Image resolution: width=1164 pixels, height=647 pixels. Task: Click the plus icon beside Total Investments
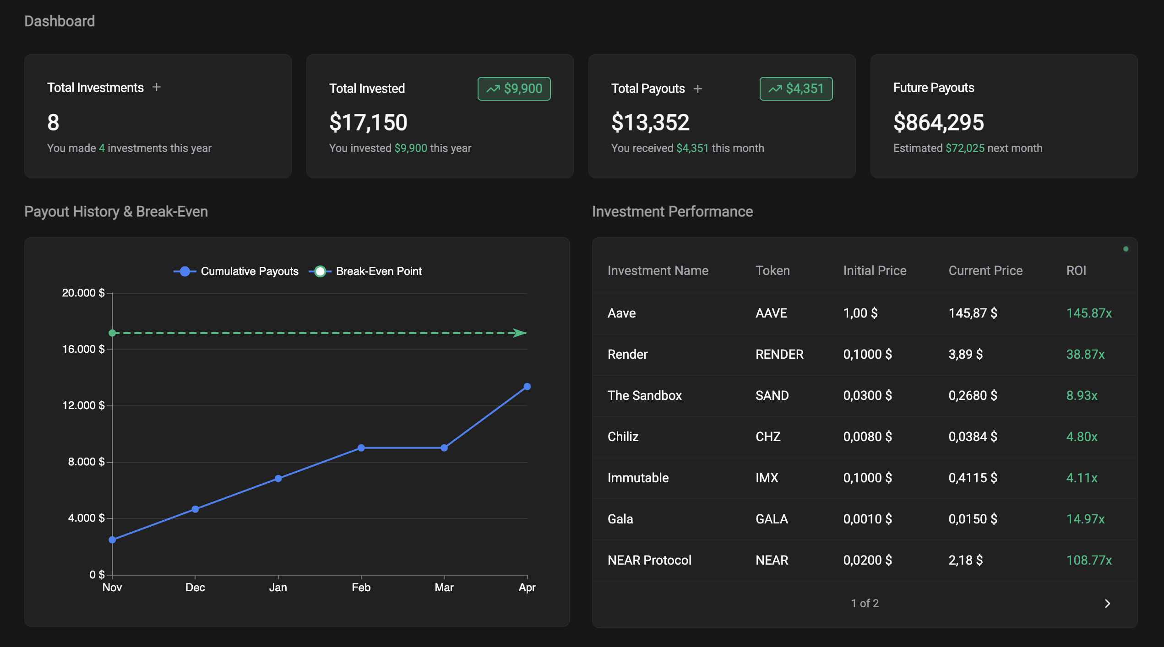(x=157, y=87)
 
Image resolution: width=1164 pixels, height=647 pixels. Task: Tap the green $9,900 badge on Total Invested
(x=514, y=89)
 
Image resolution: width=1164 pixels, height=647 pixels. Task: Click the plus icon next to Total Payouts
(x=697, y=89)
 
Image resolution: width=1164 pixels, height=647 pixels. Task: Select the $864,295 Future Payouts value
(x=938, y=123)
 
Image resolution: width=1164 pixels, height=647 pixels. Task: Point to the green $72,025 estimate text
(x=965, y=148)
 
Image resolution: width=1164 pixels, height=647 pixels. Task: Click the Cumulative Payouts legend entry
(x=236, y=271)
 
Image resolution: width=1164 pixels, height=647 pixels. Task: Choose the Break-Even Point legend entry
(x=366, y=271)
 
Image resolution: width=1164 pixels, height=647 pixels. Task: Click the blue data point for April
(x=527, y=387)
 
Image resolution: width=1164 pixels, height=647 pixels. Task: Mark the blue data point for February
(x=361, y=448)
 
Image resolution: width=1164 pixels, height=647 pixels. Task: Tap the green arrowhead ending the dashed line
(x=520, y=333)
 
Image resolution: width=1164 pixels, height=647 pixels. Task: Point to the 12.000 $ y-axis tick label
(x=83, y=405)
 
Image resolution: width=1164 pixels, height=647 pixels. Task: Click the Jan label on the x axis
(x=278, y=588)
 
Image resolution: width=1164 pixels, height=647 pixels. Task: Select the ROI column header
(x=1076, y=271)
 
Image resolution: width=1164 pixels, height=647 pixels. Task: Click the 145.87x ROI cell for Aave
(x=1088, y=313)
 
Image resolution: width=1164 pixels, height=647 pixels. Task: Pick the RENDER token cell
(x=779, y=355)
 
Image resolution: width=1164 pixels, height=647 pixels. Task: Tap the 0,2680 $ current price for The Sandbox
(x=973, y=396)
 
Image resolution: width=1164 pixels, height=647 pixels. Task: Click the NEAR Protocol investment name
(x=649, y=561)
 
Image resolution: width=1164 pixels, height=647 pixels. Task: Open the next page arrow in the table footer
(x=1107, y=604)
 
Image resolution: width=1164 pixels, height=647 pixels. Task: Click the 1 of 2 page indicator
(x=865, y=604)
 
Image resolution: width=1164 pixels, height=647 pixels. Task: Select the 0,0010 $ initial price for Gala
(x=867, y=519)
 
